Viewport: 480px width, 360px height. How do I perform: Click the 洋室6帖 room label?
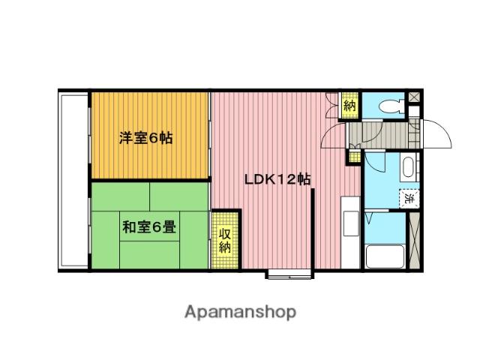click(x=147, y=138)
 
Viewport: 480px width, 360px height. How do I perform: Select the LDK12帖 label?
click(x=277, y=180)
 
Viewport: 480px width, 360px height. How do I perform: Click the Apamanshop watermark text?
click(x=239, y=310)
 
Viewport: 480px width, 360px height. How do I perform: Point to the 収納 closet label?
click(x=225, y=239)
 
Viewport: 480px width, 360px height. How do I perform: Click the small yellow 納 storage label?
click(x=349, y=105)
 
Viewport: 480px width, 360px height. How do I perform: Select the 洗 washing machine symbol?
click(x=410, y=199)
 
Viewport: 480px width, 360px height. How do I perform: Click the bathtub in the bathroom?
click(x=385, y=255)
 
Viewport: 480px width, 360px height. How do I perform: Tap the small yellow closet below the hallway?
click(x=353, y=158)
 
